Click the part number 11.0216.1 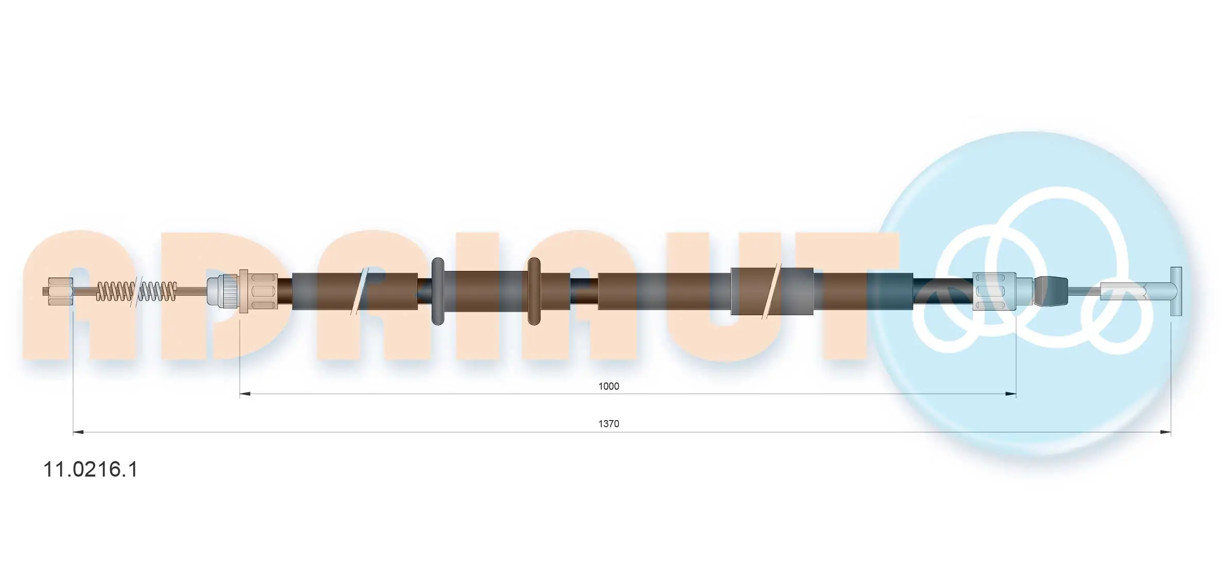[91, 470]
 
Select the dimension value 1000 [608, 386]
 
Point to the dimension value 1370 [608, 424]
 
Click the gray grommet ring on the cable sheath [437, 291]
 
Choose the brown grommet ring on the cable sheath [534, 291]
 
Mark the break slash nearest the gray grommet [359, 291]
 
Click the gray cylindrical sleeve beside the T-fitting [1122, 291]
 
